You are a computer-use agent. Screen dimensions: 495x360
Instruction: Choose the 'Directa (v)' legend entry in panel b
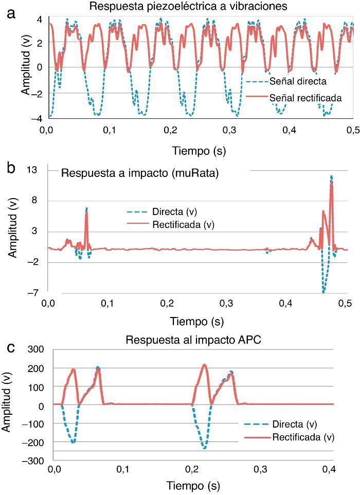click(174, 211)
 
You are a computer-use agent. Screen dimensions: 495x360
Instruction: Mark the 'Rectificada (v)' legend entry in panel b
click(183, 224)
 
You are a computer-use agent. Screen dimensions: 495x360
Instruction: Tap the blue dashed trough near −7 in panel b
click(323, 291)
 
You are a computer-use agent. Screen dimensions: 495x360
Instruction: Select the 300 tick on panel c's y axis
click(37, 349)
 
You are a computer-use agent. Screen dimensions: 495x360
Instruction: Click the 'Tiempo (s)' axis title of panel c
click(193, 485)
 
